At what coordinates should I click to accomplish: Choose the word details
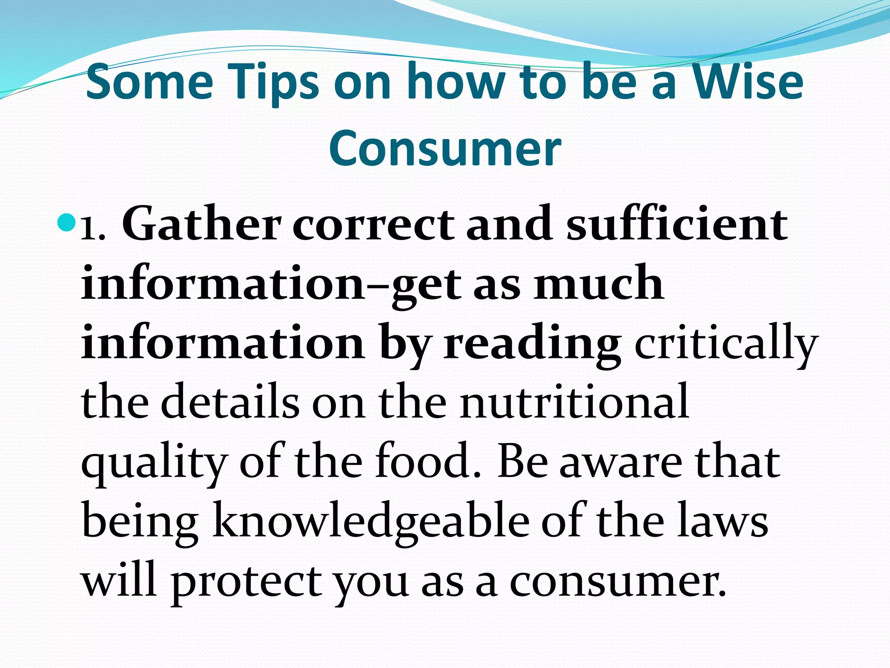[230, 402]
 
